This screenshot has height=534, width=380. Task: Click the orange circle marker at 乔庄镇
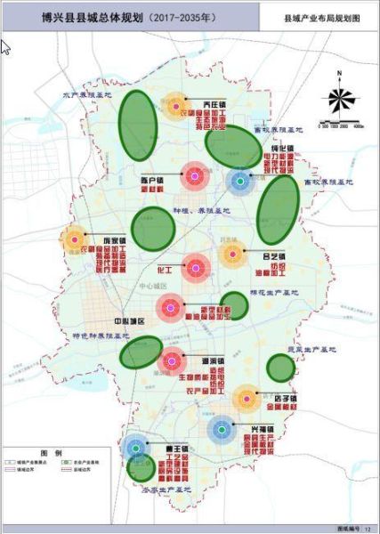click(x=175, y=107)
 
